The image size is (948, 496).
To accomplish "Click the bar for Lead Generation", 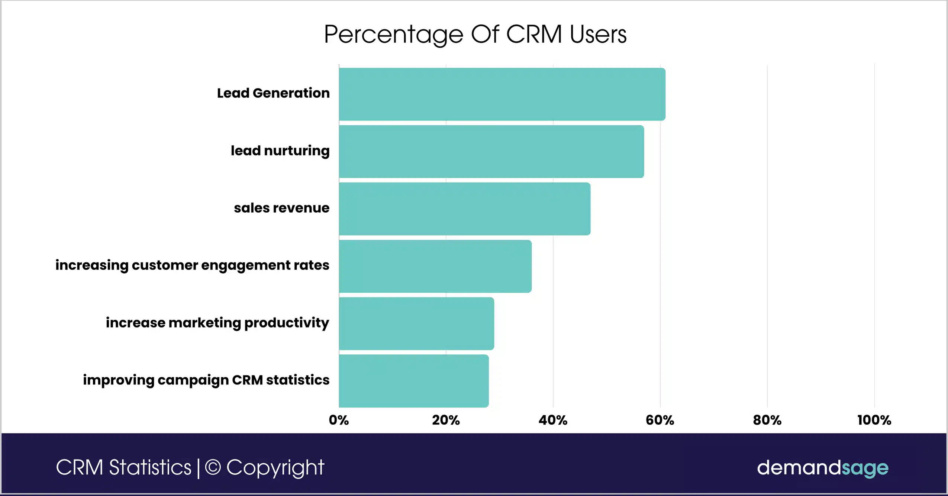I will pyautogui.click(x=502, y=94).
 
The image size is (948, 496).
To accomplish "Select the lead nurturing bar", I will pyautogui.click(x=491, y=151).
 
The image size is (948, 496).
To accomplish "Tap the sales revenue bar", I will pyautogui.click(x=464, y=209).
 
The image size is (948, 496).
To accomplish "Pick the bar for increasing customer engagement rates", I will pyautogui.click(x=435, y=266).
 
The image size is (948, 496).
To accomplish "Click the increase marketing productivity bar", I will pyautogui.click(x=416, y=323).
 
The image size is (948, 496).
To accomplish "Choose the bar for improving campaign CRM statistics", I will pyautogui.click(x=413, y=381).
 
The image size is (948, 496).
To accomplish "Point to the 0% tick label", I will pyautogui.click(x=339, y=420).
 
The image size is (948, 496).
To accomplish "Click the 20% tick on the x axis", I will pyautogui.click(x=446, y=420).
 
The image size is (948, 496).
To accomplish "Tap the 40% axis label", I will pyautogui.click(x=553, y=420).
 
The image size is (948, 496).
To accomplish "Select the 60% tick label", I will pyautogui.click(x=660, y=420).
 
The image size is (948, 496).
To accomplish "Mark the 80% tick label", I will pyautogui.click(x=767, y=420).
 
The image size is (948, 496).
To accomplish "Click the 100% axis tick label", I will pyautogui.click(x=874, y=420).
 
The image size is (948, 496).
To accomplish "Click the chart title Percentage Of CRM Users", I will pyautogui.click(x=475, y=35).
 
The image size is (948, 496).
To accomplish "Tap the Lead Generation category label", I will pyautogui.click(x=273, y=93).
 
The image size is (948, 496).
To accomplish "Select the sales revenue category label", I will pyautogui.click(x=281, y=208).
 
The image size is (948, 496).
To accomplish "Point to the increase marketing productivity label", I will pyautogui.click(x=217, y=323).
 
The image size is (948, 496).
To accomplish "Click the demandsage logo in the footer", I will pyautogui.click(x=822, y=467).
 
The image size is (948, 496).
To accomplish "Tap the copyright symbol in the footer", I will pyautogui.click(x=213, y=467).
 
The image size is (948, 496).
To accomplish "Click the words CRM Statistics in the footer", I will pyautogui.click(x=123, y=467).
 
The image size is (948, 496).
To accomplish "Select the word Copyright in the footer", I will pyautogui.click(x=275, y=467).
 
